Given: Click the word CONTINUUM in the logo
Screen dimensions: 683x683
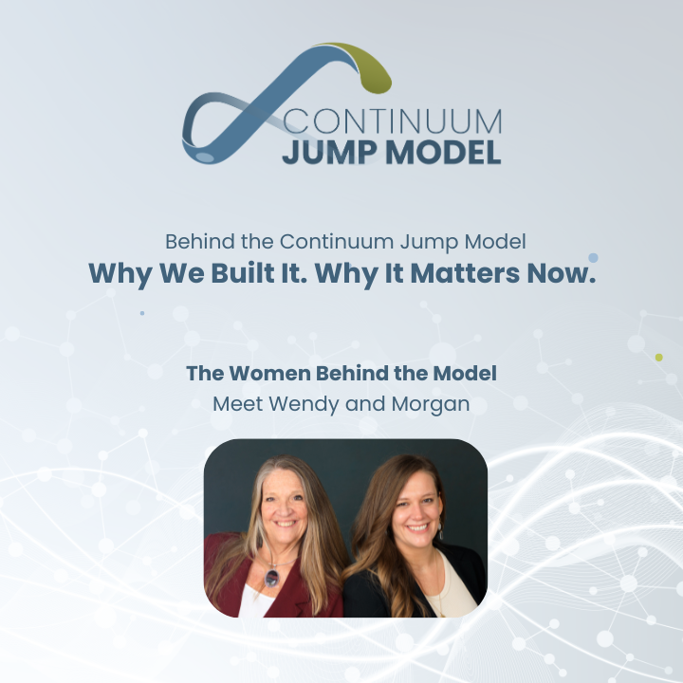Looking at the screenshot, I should click(393, 122).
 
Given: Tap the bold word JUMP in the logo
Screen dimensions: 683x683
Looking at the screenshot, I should click(327, 152).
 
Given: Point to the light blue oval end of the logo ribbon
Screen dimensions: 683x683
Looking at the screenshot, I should click(205, 156).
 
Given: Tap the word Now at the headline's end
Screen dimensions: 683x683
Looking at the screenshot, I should click(556, 273).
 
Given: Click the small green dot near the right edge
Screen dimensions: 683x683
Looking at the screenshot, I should click(658, 358).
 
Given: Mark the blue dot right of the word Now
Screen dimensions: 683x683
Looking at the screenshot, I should click(593, 257).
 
